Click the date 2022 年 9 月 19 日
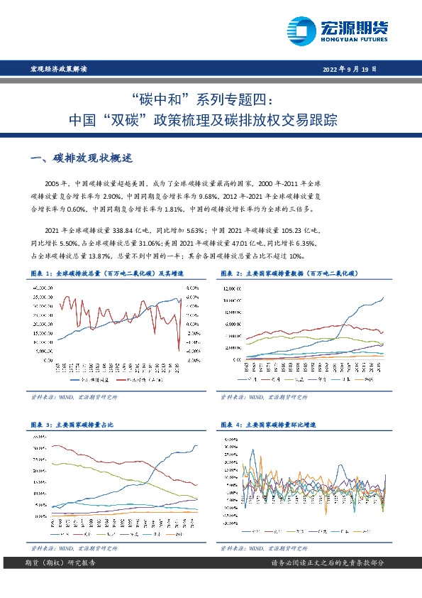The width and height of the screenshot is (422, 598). (x=349, y=70)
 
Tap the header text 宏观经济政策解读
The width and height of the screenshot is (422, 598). (x=58, y=70)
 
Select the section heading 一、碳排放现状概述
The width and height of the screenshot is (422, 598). (x=78, y=157)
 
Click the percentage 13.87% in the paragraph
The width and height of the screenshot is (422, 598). (x=97, y=255)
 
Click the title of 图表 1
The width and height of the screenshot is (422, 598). (x=108, y=273)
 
